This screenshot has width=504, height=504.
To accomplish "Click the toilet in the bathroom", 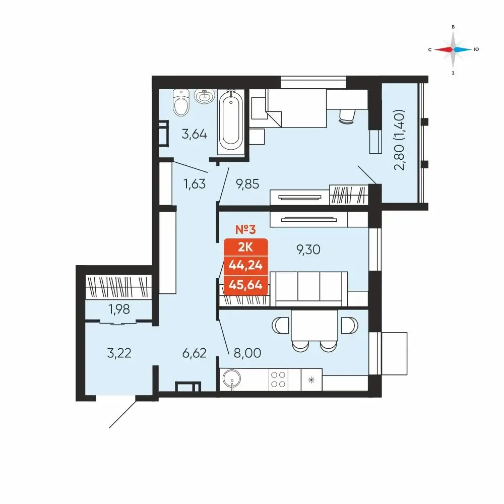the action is (181, 102).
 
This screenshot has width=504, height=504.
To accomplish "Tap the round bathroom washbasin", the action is (205, 96).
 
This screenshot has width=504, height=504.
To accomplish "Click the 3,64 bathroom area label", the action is (194, 134).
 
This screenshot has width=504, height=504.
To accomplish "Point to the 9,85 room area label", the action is (247, 184).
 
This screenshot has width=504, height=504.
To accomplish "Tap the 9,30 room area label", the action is (308, 249).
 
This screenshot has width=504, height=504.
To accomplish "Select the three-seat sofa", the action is (309, 289).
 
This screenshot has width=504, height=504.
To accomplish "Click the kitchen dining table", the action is (314, 325).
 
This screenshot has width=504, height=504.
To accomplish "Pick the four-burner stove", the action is (278, 380).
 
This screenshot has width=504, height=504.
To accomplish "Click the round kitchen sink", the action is (231, 380).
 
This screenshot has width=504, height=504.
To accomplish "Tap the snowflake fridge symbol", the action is (311, 380).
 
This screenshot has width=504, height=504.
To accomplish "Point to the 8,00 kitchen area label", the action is (247, 353).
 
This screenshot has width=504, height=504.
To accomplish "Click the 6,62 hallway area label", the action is (194, 353).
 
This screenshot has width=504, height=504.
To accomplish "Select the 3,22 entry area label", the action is (119, 353).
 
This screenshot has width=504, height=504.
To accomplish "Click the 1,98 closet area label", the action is (119, 309).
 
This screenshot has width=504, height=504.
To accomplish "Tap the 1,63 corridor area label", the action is (194, 184).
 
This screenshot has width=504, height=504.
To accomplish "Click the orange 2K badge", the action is (245, 247).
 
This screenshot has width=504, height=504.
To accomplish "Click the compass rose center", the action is (453, 49).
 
